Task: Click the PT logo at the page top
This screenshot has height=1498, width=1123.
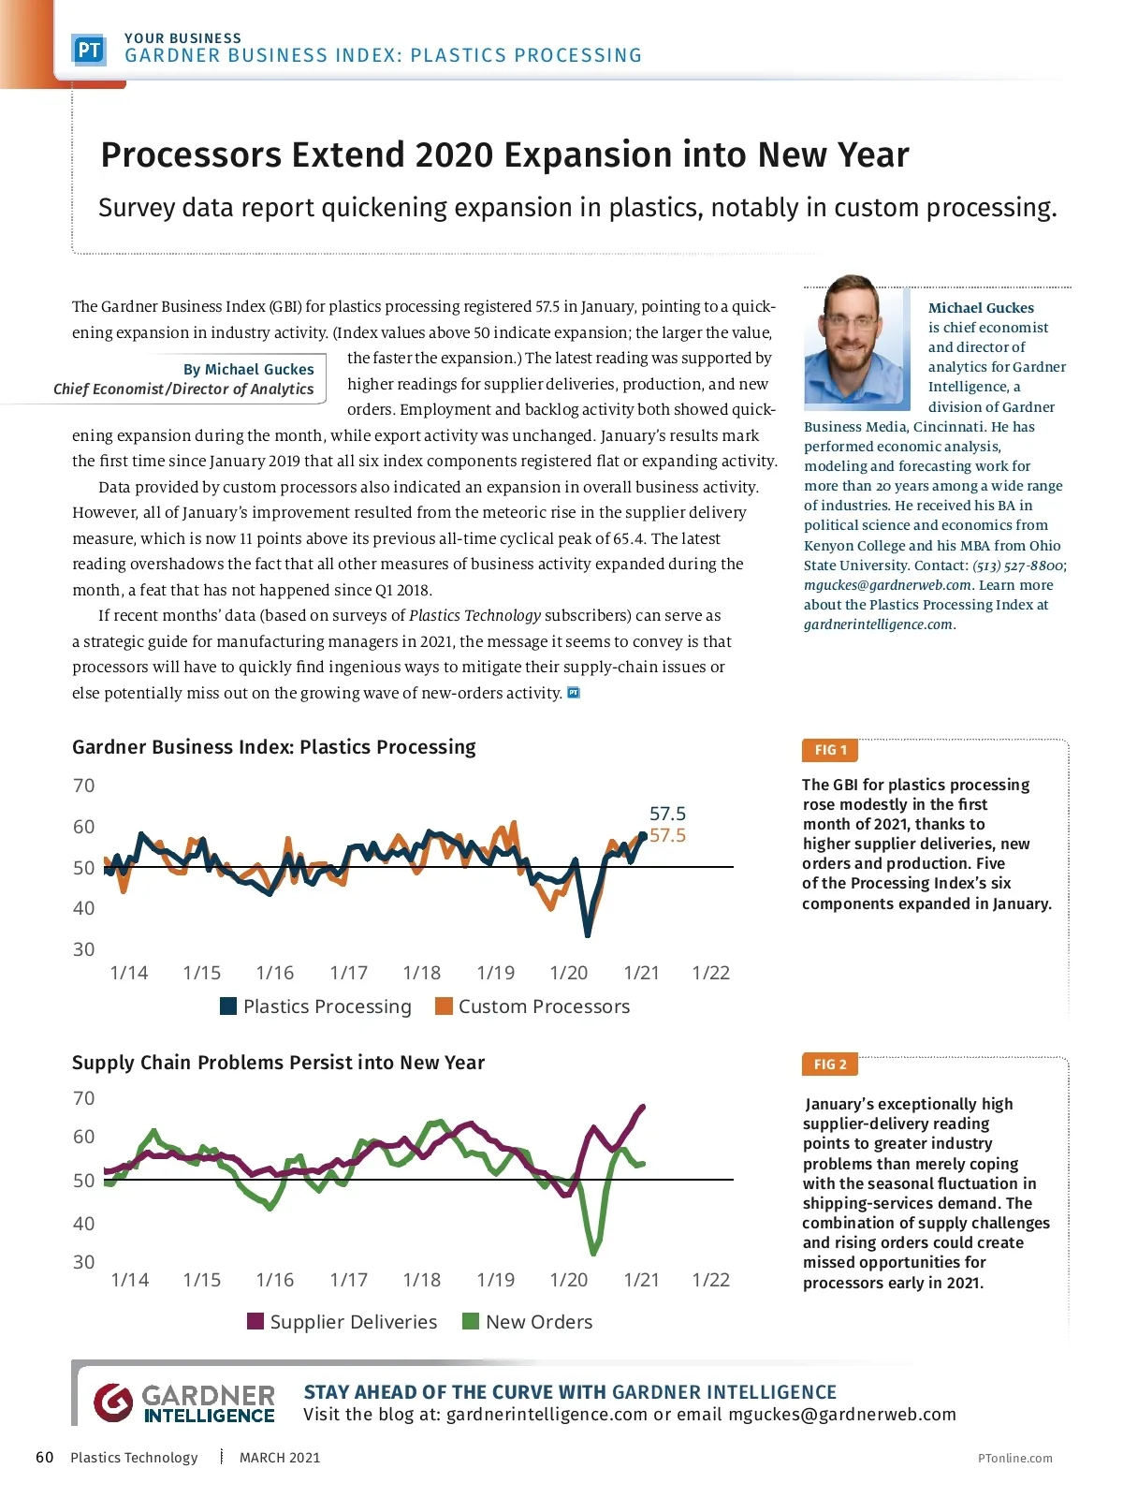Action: (89, 50)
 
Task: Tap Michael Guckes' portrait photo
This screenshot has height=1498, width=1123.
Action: (855, 345)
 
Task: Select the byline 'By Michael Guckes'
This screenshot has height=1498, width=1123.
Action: (248, 369)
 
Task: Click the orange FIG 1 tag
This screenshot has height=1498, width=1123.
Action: (830, 750)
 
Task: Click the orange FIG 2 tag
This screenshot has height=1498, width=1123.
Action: (830, 1065)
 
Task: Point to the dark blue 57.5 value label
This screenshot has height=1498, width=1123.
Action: (667, 814)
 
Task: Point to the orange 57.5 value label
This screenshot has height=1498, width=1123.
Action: (667, 835)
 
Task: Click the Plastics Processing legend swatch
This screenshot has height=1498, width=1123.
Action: (228, 1006)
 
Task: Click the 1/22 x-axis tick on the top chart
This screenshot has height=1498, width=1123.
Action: (710, 973)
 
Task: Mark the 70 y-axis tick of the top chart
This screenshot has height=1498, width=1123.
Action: (84, 786)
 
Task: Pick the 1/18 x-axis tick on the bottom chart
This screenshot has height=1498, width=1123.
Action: (421, 1280)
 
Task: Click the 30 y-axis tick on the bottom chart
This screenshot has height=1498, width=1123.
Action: (84, 1262)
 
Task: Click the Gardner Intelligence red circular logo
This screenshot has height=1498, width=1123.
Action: (113, 1403)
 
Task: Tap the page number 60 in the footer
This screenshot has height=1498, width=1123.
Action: (44, 1457)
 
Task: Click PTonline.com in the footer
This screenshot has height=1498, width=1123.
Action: (1014, 1458)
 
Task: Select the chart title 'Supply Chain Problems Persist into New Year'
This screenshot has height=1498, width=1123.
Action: (278, 1063)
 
